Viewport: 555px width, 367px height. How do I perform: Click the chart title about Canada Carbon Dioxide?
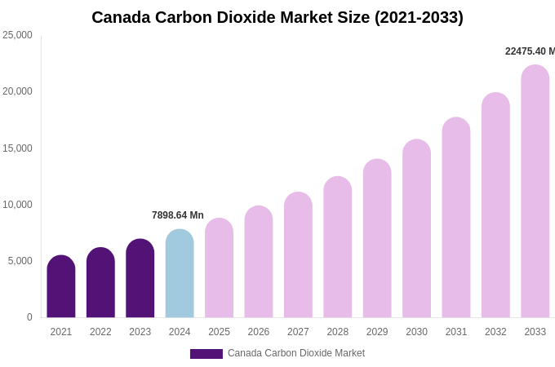tap(277, 17)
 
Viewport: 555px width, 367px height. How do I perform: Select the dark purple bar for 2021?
tap(61, 287)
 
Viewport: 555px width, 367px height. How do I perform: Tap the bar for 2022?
tap(100, 283)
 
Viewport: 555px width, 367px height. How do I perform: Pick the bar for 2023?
tap(140, 279)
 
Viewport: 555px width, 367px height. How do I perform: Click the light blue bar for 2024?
tap(180, 274)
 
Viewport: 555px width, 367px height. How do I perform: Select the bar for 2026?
tap(259, 263)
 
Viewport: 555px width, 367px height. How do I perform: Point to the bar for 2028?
tap(338, 248)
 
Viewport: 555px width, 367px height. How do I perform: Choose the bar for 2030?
tap(416, 229)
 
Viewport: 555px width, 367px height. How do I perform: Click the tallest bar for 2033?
tap(535, 192)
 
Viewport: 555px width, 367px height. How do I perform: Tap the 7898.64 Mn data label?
tap(178, 215)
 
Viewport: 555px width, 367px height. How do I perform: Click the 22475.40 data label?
tap(530, 51)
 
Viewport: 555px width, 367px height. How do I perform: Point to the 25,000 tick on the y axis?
tap(18, 35)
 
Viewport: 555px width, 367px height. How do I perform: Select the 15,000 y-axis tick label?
tap(18, 148)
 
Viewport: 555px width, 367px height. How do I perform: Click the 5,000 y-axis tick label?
tap(20, 261)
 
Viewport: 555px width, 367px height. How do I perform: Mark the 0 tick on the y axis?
tap(29, 317)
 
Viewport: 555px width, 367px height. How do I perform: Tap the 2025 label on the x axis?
tap(219, 332)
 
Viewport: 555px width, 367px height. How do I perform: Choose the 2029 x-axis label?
tap(377, 332)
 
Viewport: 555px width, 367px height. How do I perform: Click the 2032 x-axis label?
tap(495, 332)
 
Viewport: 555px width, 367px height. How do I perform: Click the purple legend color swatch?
tap(206, 354)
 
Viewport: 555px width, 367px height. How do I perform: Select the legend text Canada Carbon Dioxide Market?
tap(296, 353)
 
